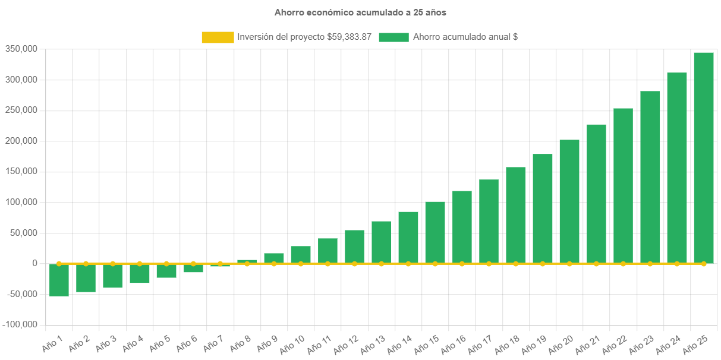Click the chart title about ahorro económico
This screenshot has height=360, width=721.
pos(360,12)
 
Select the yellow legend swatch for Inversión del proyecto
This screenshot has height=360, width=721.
pos(218,37)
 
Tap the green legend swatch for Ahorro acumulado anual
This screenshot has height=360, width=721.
pos(393,37)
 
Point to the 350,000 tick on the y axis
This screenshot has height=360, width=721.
pos(21,49)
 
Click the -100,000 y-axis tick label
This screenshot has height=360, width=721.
pos(20,324)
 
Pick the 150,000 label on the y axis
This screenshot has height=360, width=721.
pos(21,171)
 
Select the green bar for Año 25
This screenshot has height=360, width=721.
pos(704,157)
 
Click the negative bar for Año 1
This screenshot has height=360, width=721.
pos(59,280)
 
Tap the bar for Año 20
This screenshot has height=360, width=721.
pos(569,201)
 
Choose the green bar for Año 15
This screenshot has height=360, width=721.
pos(435,232)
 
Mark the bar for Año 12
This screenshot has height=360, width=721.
pos(354,247)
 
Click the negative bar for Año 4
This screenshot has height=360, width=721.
pos(140,273)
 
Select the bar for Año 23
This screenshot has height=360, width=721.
pos(650,177)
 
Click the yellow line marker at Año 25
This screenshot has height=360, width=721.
pos(704,263)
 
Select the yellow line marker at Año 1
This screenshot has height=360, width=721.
pos(59,263)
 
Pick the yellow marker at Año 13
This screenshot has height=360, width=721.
pos(382,263)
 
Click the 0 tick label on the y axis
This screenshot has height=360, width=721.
pos(35,263)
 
